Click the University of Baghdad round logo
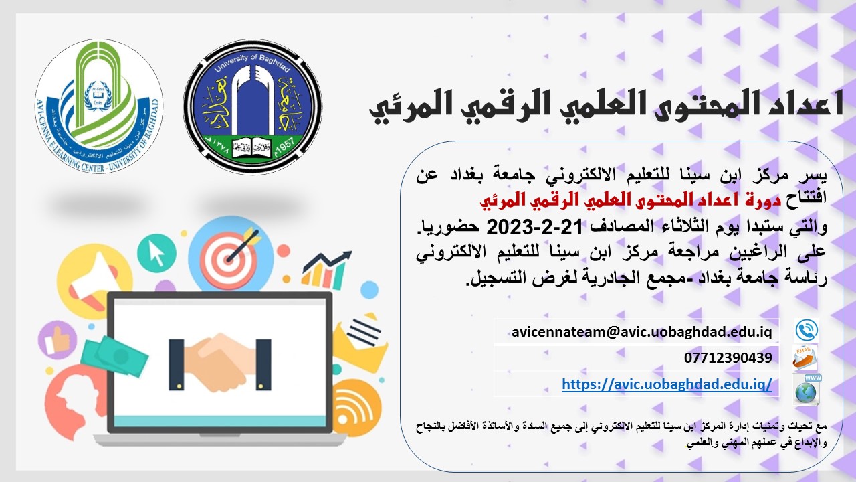(x=253, y=107)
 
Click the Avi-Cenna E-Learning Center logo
(x=98, y=106)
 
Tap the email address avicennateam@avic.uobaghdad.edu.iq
(x=641, y=331)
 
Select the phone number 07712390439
(x=728, y=358)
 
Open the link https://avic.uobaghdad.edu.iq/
(x=667, y=384)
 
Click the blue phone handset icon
(x=807, y=330)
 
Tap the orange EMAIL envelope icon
(x=805, y=357)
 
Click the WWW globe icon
(x=807, y=390)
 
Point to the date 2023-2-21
(x=534, y=227)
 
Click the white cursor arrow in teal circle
(x=156, y=253)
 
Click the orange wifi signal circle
(x=356, y=406)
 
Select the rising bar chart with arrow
(x=326, y=270)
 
